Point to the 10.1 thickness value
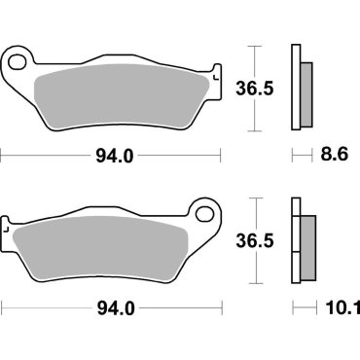click(336, 308)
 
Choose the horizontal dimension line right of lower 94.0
click(180, 308)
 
